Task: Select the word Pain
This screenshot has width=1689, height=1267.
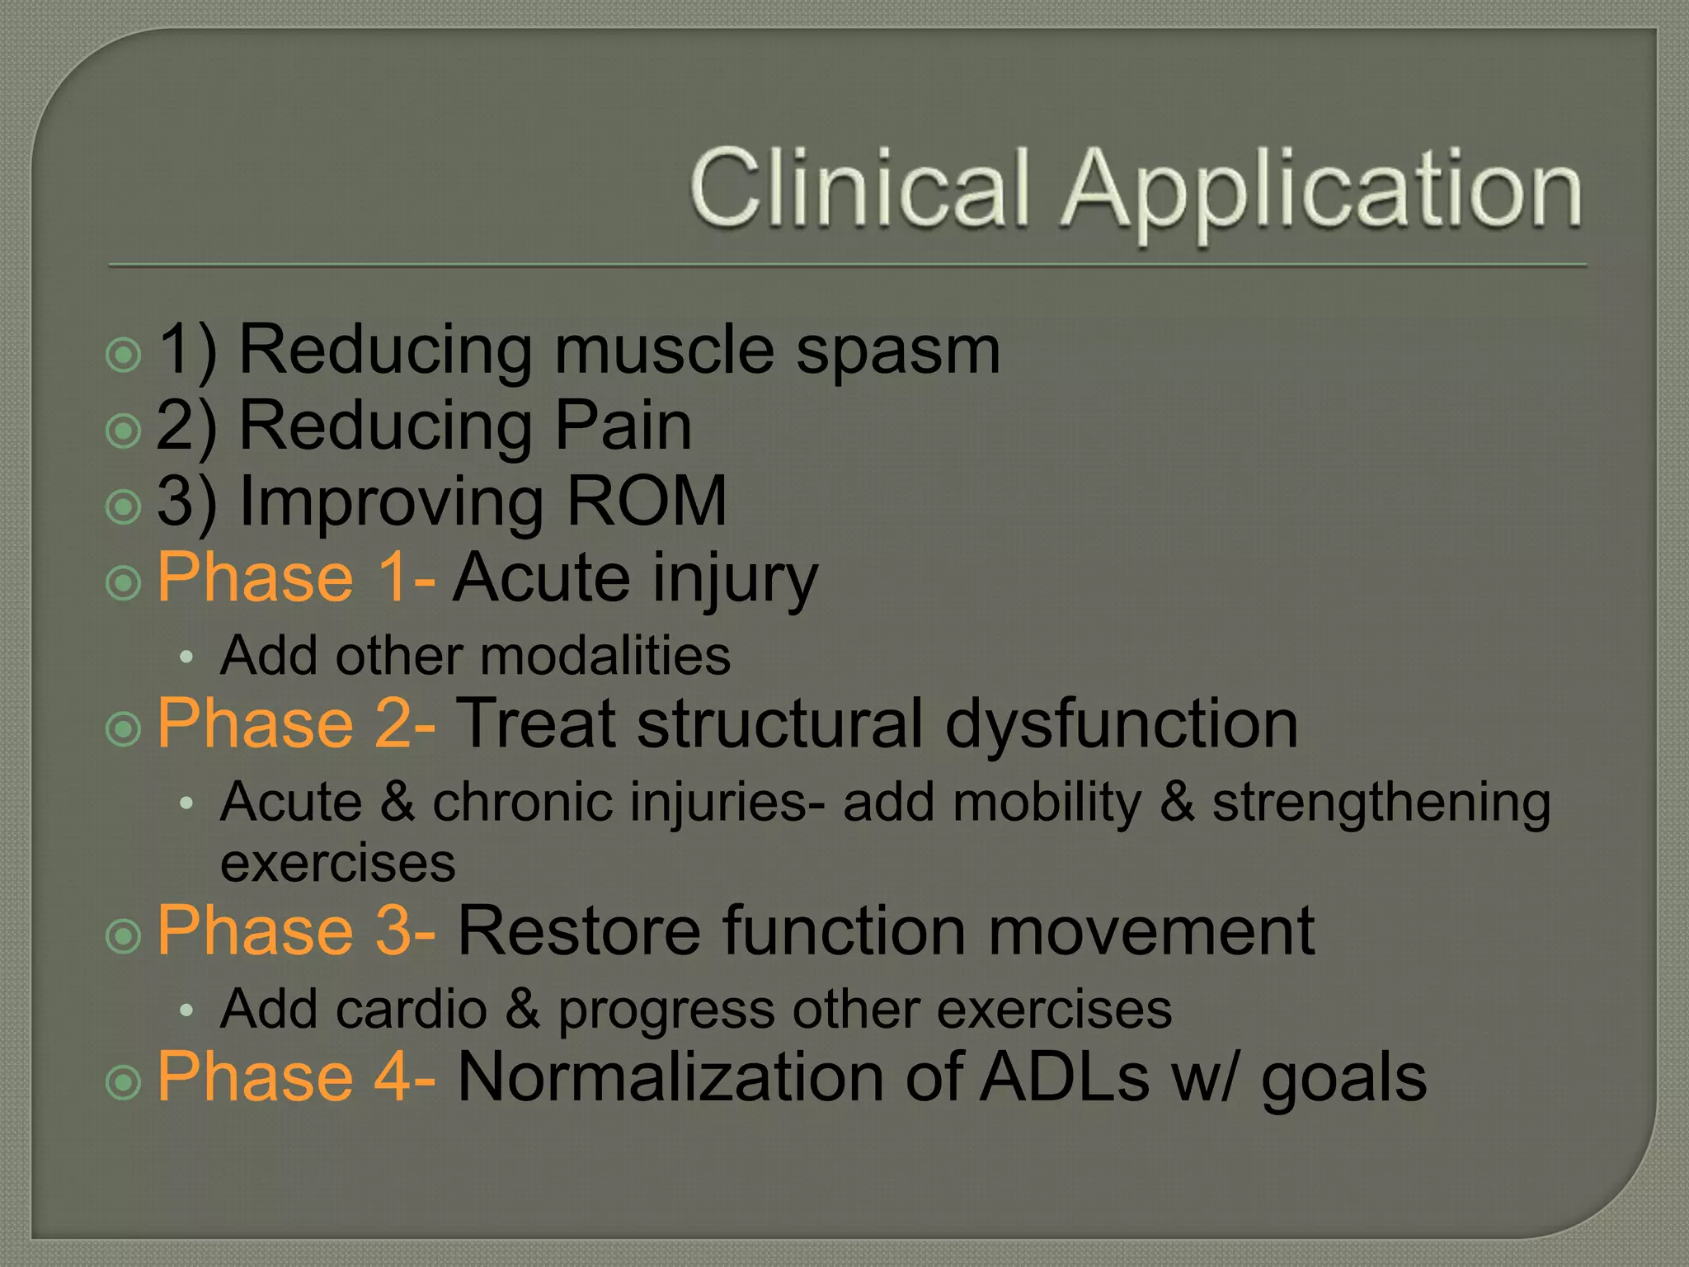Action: [623, 426]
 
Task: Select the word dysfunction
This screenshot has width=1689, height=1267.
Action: [1122, 723]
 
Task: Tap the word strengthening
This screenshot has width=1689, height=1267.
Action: [1381, 803]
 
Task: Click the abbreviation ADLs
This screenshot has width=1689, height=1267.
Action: [1064, 1076]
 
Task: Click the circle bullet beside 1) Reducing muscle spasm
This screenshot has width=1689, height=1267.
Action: [125, 356]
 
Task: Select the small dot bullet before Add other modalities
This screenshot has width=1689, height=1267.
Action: [186, 657]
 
